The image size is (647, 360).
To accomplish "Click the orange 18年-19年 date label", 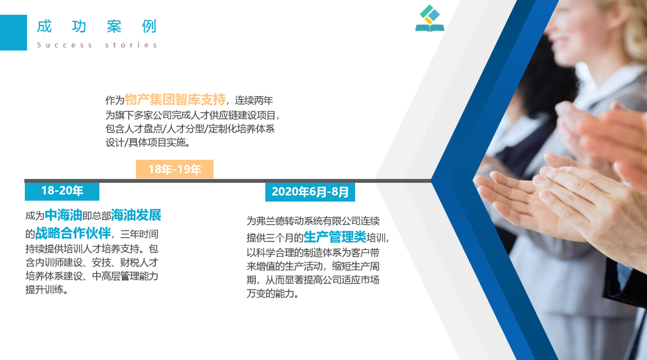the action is click(x=174, y=169).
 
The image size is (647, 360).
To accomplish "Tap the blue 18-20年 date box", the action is click(x=62, y=191).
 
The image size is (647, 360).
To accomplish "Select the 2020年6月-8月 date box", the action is click(x=310, y=192).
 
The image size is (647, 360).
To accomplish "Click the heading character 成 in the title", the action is click(x=44, y=26).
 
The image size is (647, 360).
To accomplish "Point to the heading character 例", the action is click(x=149, y=26).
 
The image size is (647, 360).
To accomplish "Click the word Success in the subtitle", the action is click(x=64, y=45).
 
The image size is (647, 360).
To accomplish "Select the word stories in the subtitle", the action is click(x=131, y=45).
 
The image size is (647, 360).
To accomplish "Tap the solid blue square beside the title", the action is click(x=13, y=33).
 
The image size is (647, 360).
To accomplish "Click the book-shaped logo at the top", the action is click(x=430, y=18).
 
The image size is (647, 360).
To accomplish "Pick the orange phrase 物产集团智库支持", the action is click(x=175, y=100).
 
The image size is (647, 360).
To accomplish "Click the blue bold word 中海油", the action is click(x=64, y=215).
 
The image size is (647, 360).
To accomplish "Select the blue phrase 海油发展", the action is click(x=136, y=215).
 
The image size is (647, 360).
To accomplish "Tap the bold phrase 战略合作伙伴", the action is click(x=73, y=233).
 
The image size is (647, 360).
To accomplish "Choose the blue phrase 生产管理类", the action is click(x=335, y=237).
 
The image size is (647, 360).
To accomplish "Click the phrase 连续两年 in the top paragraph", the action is click(x=254, y=101).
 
